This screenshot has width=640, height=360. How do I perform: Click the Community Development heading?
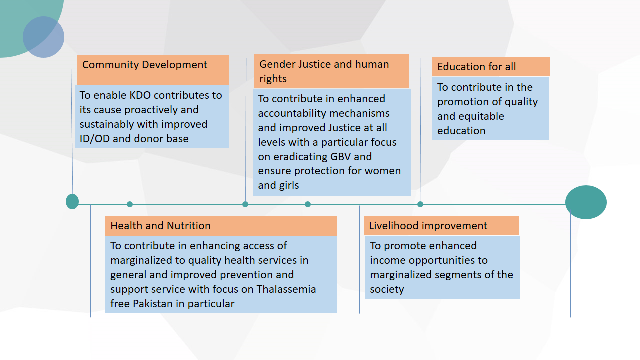click(145, 65)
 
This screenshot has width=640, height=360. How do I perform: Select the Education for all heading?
click(476, 67)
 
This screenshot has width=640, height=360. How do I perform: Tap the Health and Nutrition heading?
click(160, 226)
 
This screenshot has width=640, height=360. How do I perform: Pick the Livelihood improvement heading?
click(428, 226)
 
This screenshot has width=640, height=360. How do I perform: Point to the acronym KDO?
click(140, 95)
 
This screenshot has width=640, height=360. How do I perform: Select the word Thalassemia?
click(286, 289)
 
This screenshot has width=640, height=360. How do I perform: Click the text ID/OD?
click(94, 139)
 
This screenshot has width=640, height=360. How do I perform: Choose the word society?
click(387, 289)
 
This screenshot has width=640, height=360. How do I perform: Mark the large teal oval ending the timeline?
click(586, 202)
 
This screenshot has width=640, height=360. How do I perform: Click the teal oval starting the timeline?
click(72, 201)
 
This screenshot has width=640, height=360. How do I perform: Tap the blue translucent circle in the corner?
click(43, 37)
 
